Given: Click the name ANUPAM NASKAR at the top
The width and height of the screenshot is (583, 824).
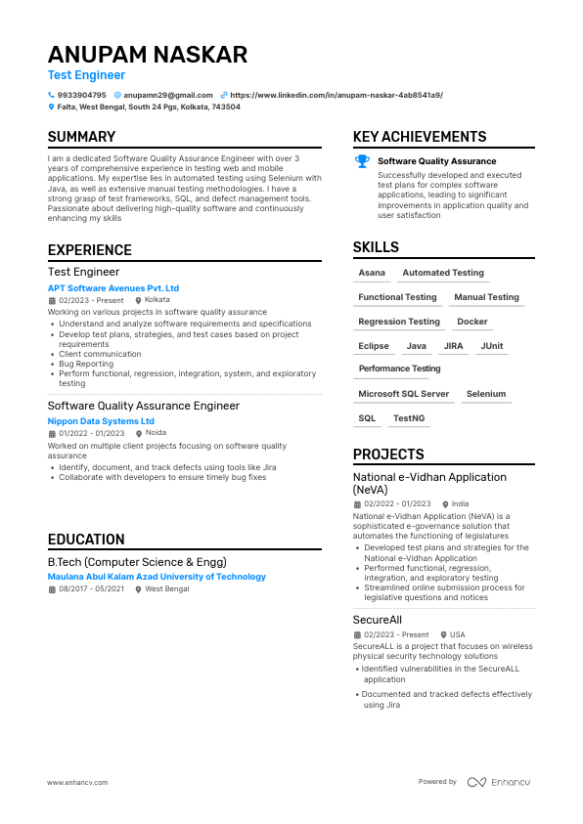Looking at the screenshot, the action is pyautogui.click(x=148, y=55).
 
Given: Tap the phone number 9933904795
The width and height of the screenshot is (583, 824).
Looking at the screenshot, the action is pyautogui.click(x=82, y=95).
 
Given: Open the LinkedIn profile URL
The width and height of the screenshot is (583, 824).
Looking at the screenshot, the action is pyautogui.click(x=336, y=95).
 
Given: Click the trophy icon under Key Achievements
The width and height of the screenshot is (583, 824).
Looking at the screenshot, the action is pyautogui.click(x=362, y=161).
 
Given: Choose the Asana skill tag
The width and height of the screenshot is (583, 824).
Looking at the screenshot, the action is pyautogui.click(x=372, y=273).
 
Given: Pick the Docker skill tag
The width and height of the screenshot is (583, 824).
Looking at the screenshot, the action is pyautogui.click(x=472, y=322).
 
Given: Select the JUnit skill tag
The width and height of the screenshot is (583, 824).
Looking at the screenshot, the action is pyautogui.click(x=492, y=346).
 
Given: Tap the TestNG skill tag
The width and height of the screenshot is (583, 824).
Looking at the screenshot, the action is pyautogui.click(x=409, y=418).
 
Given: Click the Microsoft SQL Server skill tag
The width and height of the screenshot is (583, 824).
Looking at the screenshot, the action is pyautogui.click(x=404, y=394).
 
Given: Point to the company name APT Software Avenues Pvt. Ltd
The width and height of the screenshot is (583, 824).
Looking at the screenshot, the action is pyautogui.click(x=113, y=288).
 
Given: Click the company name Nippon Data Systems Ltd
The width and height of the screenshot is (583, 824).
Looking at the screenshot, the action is pyautogui.click(x=101, y=421).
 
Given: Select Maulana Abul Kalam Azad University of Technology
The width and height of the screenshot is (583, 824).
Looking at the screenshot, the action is pyautogui.click(x=157, y=577).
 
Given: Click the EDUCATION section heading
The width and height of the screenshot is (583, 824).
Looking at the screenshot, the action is pyautogui.click(x=86, y=540).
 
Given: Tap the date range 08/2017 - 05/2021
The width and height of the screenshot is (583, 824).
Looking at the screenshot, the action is pyautogui.click(x=91, y=589).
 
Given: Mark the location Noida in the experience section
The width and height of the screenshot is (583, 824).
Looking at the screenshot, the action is pyautogui.click(x=156, y=433).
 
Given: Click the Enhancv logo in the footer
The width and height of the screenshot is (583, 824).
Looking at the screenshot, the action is pyautogui.click(x=499, y=782).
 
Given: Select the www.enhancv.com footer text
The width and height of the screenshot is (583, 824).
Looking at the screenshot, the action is pyautogui.click(x=77, y=782).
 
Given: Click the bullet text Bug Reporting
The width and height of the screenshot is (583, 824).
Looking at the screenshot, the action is pyautogui.click(x=86, y=364).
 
